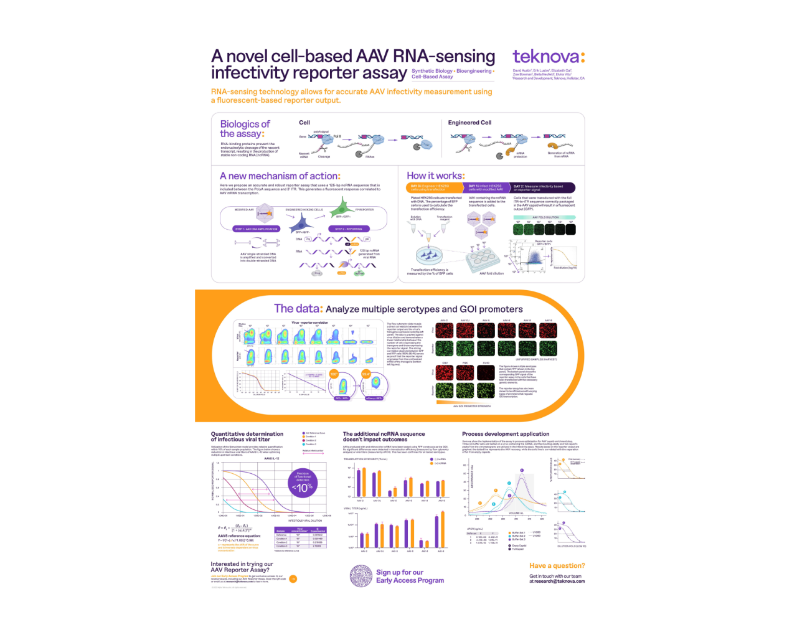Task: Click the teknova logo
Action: click(548, 57)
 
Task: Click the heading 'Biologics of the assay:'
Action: click(245, 129)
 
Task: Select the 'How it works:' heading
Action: click(435, 176)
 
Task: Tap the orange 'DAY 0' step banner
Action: click(435, 187)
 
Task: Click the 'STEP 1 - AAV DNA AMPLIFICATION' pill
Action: click(257, 229)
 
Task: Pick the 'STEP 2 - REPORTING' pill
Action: click(349, 229)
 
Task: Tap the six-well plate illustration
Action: click(484, 256)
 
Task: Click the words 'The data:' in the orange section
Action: click(298, 309)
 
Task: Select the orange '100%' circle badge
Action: click(334, 374)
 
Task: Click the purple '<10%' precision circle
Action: click(303, 483)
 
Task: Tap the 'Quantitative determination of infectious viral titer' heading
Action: click(247, 436)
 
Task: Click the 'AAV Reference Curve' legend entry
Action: click(314, 433)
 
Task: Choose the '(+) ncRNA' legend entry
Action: click(440, 463)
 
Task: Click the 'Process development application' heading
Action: click(506, 434)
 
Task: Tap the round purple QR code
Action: click(361, 577)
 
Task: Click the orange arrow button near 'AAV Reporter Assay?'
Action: click(293, 579)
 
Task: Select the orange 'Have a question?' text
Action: click(557, 566)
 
